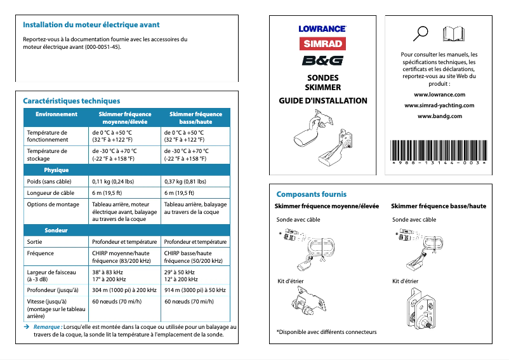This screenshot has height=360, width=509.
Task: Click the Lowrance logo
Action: (322, 29)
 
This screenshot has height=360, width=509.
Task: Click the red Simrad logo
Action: (322, 44)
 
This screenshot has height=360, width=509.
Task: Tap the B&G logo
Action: (322, 61)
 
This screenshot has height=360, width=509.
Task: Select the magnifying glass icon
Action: (420, 32)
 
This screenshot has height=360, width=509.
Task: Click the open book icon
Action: (453, 33)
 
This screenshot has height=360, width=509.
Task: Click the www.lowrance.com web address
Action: (439, 95)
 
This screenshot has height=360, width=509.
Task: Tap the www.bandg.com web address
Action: (439, 116)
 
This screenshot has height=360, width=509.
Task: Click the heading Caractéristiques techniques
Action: (71, 101)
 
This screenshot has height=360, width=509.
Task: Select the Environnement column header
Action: (56, 114)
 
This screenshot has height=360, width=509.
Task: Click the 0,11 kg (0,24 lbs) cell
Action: (113, 181)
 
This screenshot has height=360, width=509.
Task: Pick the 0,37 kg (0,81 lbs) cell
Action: (185, 181)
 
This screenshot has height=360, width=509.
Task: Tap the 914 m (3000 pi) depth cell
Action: (195, 290)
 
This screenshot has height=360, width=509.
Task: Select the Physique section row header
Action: (56, 170)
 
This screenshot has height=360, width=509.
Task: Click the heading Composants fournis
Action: (311, 194)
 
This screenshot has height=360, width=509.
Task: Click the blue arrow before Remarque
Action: (26, 326)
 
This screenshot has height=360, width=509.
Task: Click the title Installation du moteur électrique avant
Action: (91, 25)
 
